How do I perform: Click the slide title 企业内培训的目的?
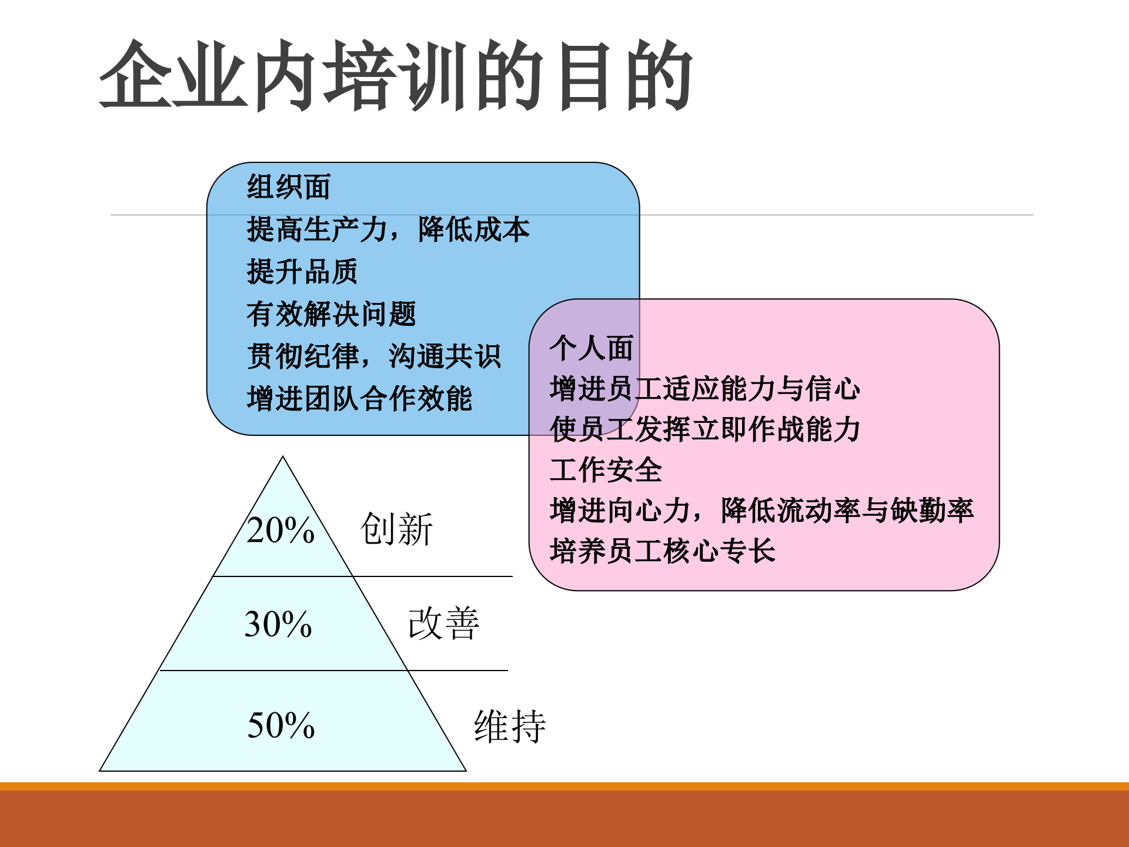(396, 75)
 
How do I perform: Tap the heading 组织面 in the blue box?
(288, 187)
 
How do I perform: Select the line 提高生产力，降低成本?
(388, 229)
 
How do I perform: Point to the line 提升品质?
(302, 272)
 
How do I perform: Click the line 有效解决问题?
(331, 314)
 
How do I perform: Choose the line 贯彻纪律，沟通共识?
(374, 356)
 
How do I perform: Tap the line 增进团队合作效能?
(359, 399)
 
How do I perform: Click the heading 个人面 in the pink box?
(592, 348)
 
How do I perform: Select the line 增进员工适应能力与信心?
(705, 389)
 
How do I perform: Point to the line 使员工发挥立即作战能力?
(705, 429)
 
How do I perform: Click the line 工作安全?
(606, 470)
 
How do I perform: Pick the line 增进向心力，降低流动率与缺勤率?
(762, 511)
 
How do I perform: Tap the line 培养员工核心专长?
(663, 551)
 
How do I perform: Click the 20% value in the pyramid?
(280, 530)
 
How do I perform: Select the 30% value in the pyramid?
(278, 624)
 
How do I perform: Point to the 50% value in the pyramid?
(281, 725)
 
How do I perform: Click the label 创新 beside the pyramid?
(397, 529)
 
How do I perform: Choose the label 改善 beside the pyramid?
(444, 623)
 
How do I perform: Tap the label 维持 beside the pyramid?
(510, 726)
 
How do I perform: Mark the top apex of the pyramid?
(283, 458)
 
